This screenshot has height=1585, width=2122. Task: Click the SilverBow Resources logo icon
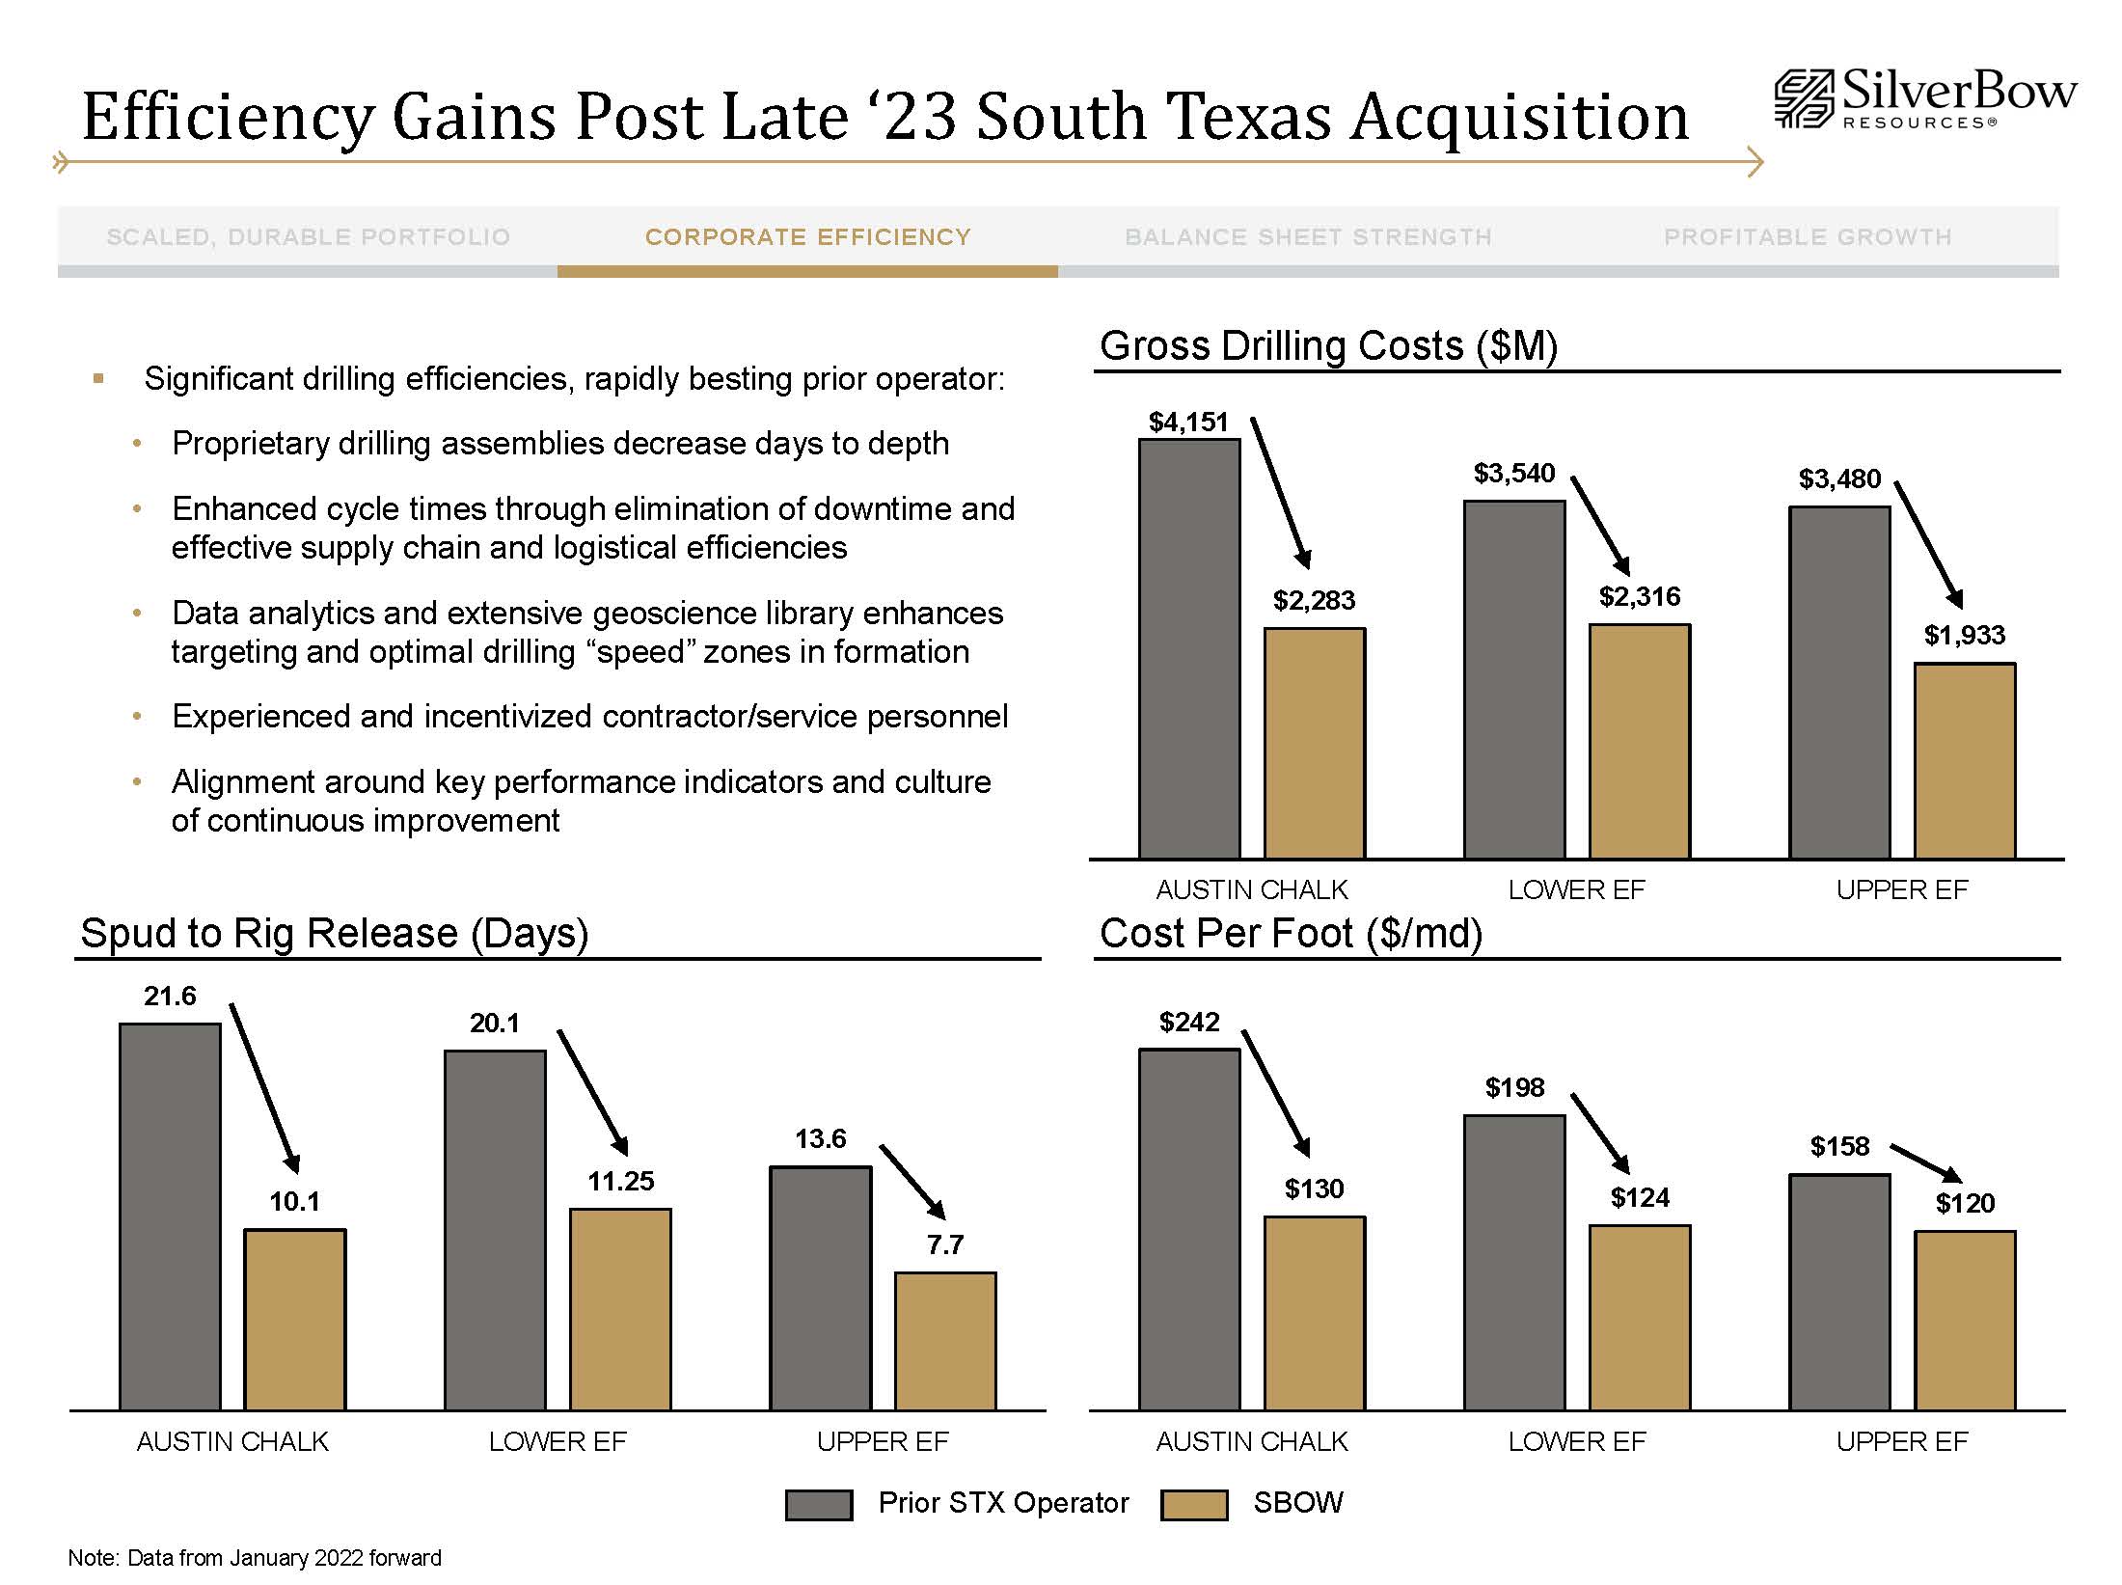[x=1803, y=98]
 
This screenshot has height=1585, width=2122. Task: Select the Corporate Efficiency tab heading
[x=807, y=237]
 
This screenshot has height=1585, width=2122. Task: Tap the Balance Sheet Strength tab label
[x=1308, y=237]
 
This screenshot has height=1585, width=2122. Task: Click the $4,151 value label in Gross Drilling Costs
[x=1188, y=422]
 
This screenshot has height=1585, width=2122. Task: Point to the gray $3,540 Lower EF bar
[x=1514, y=679]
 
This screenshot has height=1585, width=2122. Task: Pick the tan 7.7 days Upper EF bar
[x=945, y=1341]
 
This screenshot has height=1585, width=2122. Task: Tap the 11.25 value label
[x=621, y=1181]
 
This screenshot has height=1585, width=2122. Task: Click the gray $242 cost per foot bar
[x=1189, y=1229]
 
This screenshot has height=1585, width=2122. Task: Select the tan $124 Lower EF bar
[x=1640, y=1317]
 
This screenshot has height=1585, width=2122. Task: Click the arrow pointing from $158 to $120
[x=1925, y=1162]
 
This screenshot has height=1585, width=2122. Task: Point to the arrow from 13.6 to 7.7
[x=912, y=1182]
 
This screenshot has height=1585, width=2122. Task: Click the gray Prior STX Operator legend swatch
[x=819, y=1505]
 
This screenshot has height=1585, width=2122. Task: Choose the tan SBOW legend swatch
[x=1194, y=1505]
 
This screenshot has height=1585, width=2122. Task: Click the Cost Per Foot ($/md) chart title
[x=1291, y=933]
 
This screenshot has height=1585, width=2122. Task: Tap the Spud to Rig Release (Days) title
[x=334, y=933]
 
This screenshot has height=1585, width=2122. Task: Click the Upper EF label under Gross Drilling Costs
[x=1901, y=889]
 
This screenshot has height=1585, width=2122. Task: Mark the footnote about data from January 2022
[x=255, y=1558]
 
